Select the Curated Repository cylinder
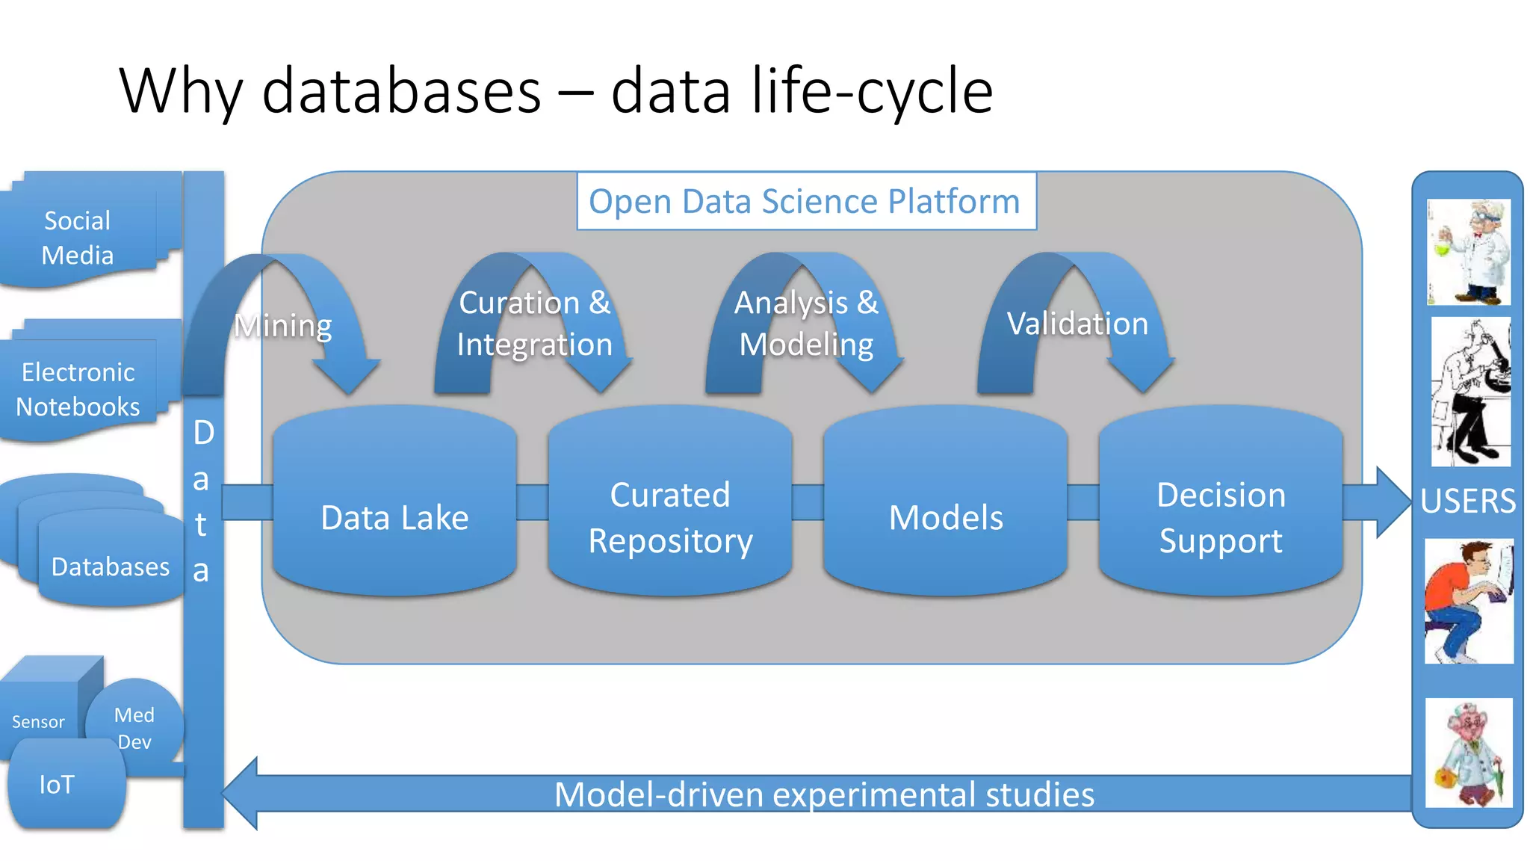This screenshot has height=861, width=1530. pyautogui.click(x=670, y=517)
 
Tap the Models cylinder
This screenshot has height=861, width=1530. pyautogui.click(x=945, y=517)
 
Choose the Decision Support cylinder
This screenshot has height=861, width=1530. pyautogui.click(x=1221, y=517)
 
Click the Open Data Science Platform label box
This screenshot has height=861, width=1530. pyautogui.click(x=805, y=201)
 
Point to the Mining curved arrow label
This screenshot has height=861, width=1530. pyautogui.click(x=283, y=326)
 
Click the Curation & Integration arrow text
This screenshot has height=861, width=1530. pyautogui.click(x=535, y=324)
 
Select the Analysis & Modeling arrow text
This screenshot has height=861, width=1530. pyautogui.click(x=807, y=324)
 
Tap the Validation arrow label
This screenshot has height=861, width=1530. pyautogui.click(x=1077, y=324)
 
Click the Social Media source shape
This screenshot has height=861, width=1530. pyautogui.click(x=78, y=238)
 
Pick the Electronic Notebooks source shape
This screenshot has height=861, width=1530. pyautogui.click(x=78, y=389)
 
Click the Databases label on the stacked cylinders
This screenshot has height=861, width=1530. pyautogui.click(x=111, y=567)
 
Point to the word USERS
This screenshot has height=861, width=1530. pyautogui.click(x=1468, y=501)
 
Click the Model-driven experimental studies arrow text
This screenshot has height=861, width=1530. pyautogui.click(x=824, y=794)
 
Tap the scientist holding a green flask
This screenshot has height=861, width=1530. pyautogui.click(x=1469, y=252)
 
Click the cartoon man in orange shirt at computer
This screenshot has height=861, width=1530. pyautogui.click(x=1469, y=601)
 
